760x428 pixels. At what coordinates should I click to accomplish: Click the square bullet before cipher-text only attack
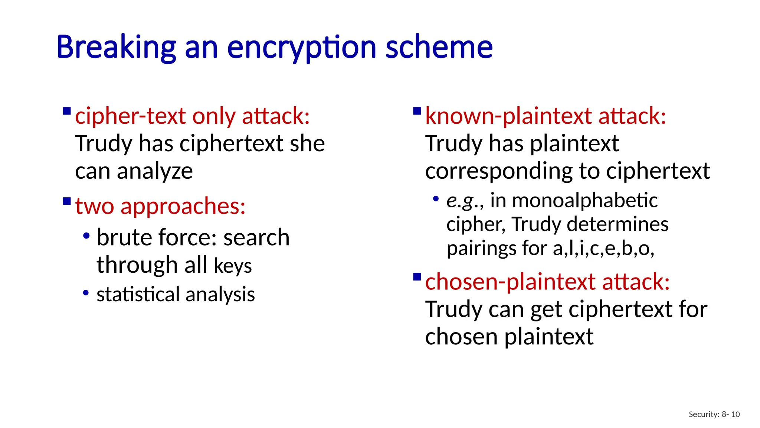pyautogui.click(x=67, y=111)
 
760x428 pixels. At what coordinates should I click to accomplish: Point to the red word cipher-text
pyautogui.click(x=130, y=116)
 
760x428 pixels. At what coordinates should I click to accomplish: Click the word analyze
pyautogui.click(x=155, y=171)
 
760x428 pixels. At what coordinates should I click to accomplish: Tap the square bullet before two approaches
pyautogui.click(x=67, y=201)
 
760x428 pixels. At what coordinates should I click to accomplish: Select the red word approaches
pyautogui.click(x=183, y=206)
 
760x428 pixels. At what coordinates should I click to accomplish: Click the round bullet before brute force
pyautogui.click(x=86, y=236)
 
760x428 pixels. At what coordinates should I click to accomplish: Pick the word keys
pyautogui.click(x=233, y=266)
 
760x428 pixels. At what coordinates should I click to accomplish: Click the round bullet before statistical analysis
pyautogui.click(x=86, y=293)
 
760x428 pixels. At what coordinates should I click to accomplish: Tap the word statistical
pyautogui.click(x=138, y=294)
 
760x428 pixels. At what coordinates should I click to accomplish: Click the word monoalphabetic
pyautogui.click(x=585, y=201)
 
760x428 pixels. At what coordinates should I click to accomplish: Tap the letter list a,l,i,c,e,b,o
pyautogui.click(x=603, y=248)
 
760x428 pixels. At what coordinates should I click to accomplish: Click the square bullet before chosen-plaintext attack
pyautogui.click(x=417, y=277)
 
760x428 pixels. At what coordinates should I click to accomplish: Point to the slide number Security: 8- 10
pyautogui.click(x=714, y=414)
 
